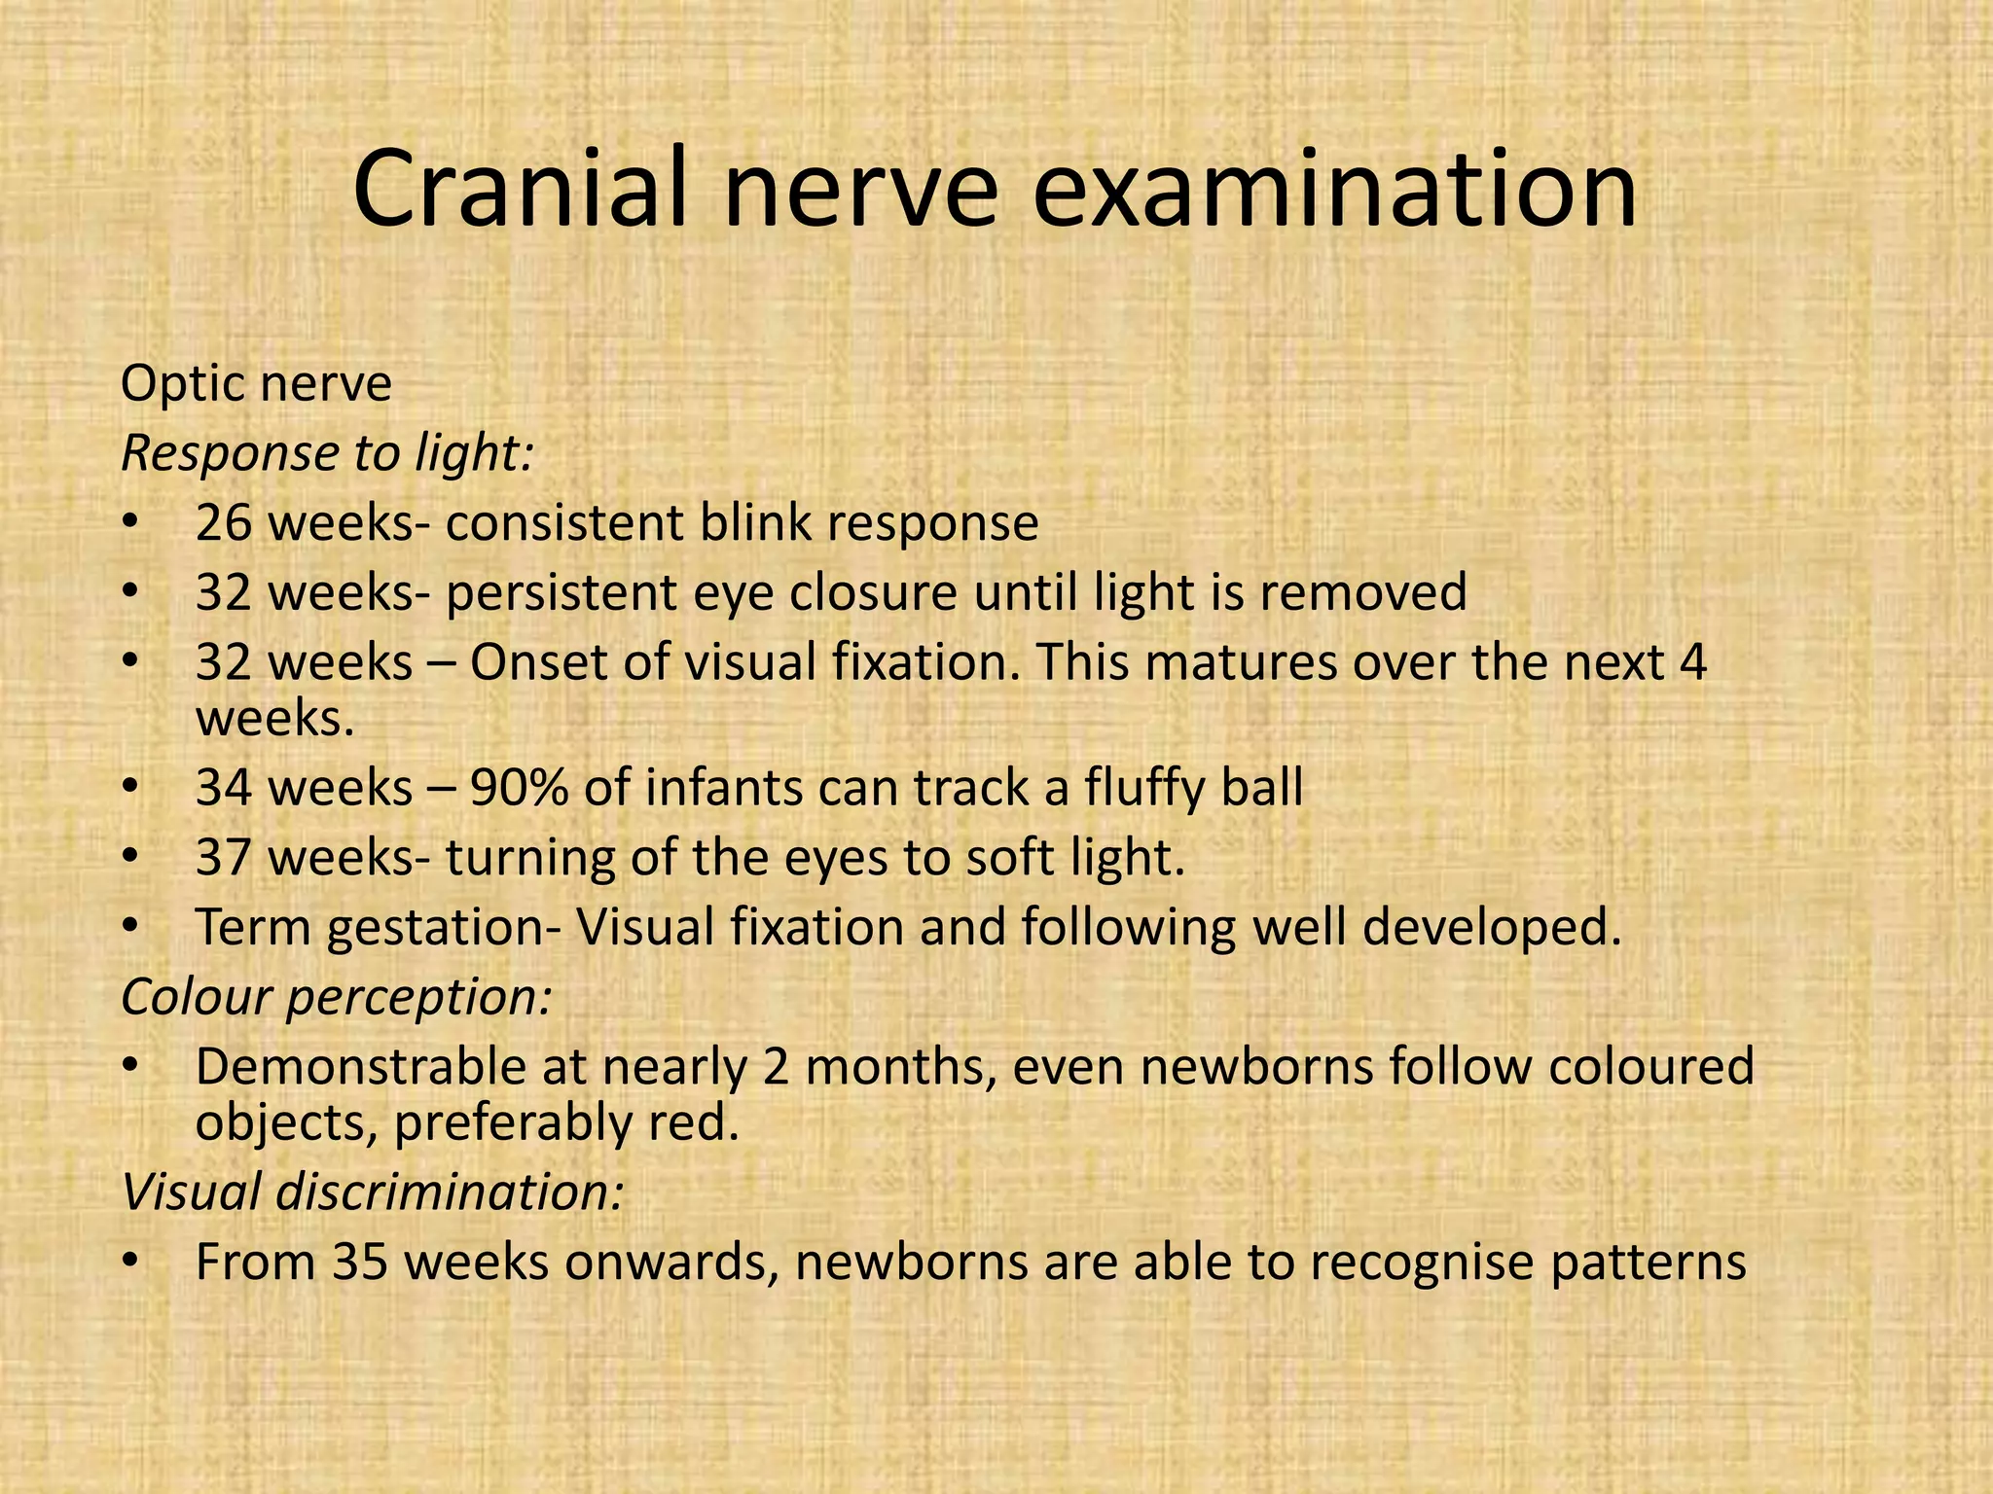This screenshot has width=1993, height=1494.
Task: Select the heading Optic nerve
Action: [x=256, y=384]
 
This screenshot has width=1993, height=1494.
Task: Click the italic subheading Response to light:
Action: [x=328, y=453]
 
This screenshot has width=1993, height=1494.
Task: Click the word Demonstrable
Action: [x=390, y=1067]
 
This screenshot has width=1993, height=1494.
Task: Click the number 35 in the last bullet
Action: [x=361, y=1263]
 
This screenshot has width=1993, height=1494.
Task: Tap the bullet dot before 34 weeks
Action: [x=131, y=789]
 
